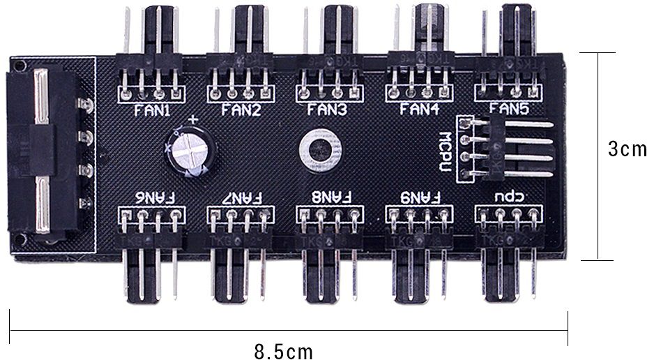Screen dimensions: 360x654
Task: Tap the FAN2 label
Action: tap(241, 110)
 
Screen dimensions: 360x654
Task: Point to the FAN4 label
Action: tap(418, 110)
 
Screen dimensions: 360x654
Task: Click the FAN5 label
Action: tap(508, 109)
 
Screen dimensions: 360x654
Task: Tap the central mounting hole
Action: tap(321, 149)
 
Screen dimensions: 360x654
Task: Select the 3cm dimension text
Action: tap(627, 150)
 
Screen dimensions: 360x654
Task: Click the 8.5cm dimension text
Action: tap(284, 351)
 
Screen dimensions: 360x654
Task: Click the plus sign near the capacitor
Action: tap(193, 120)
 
